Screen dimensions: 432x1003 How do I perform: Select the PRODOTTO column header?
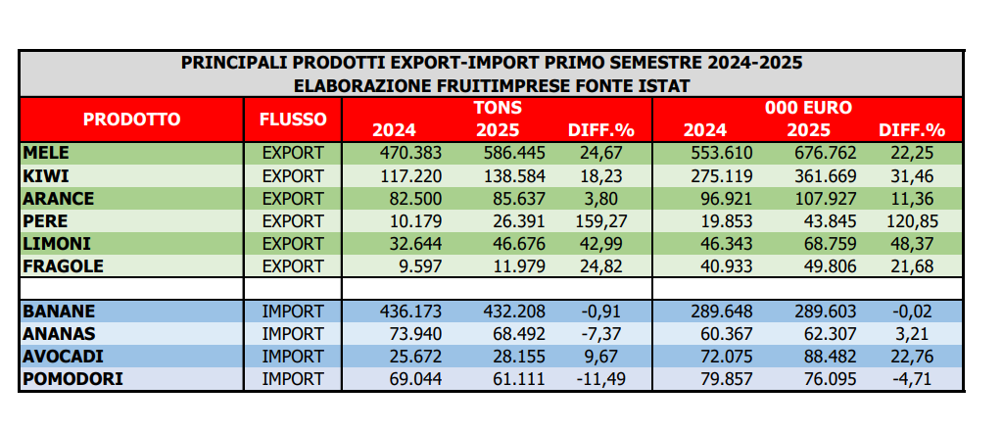pos(131,120)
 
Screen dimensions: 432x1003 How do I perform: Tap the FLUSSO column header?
pos(293,120)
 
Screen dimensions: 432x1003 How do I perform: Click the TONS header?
pos(497,107)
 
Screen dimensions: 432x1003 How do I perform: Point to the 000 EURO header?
pos(808,107)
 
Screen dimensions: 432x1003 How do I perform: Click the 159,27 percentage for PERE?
pos(596,221)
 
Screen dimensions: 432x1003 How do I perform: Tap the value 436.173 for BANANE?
pos(410,311)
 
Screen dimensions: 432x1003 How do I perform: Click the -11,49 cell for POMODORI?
pos(596,379)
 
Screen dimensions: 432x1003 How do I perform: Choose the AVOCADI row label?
pos(58,356)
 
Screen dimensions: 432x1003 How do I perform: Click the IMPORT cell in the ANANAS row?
pos(293,333)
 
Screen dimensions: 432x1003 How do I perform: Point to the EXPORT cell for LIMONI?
pos(293,244)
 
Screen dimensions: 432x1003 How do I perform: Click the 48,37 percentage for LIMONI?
pos(911,244)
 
